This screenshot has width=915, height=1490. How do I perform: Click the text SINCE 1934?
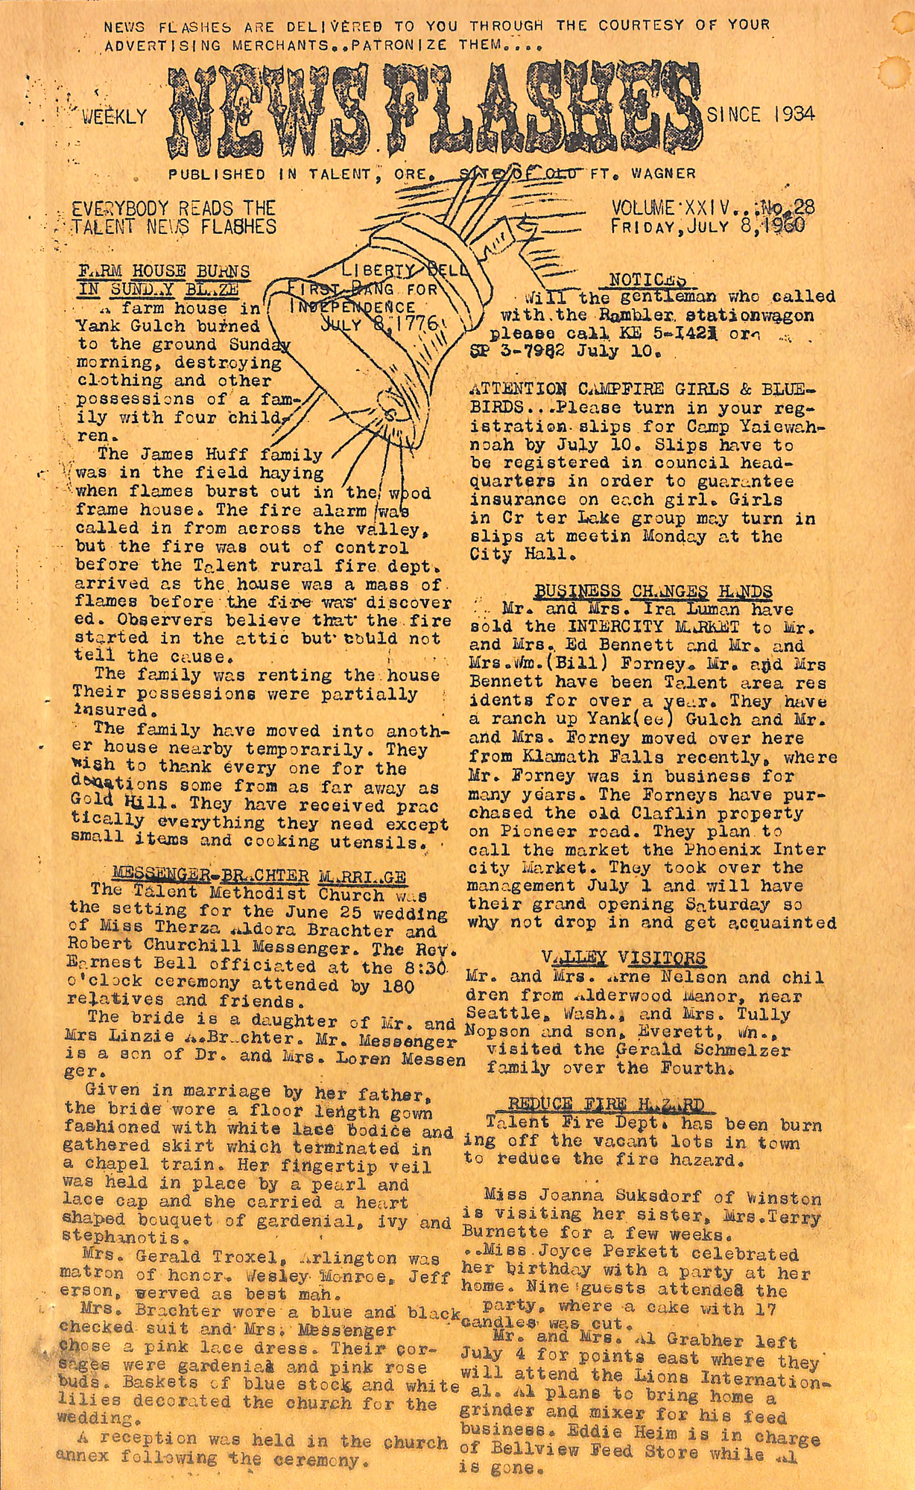[x=760, y=115]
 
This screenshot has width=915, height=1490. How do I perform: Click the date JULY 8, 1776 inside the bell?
[x=381, y=324]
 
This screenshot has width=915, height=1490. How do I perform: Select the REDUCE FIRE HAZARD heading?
[x=605, y=1103]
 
